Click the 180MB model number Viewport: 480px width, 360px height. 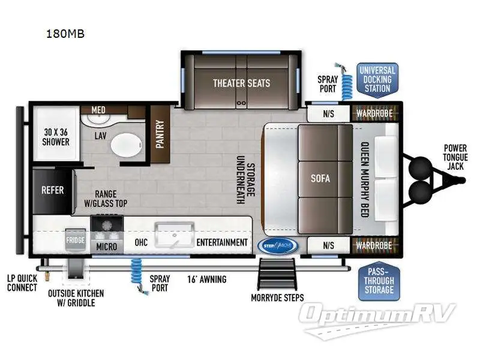coord(65,34)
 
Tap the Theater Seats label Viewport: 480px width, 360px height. coord(241,83)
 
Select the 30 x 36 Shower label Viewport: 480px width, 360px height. coord(56,137)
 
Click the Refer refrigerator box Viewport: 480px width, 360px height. coord(53,191)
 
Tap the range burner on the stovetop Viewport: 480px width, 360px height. coord(107,226)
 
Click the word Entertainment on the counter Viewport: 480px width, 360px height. coord(222,242)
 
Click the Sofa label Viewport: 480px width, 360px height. coord(320,178)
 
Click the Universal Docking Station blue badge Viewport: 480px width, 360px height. coord(377,79)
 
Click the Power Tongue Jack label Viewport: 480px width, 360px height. coord(455,157)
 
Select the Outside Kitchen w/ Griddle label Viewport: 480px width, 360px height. coord(76,298)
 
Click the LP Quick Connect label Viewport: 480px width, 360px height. coord(22,283)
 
